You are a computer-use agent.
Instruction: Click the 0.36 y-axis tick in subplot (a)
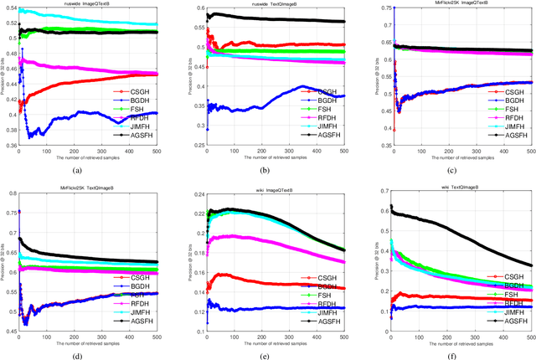(x=10, y=146)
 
